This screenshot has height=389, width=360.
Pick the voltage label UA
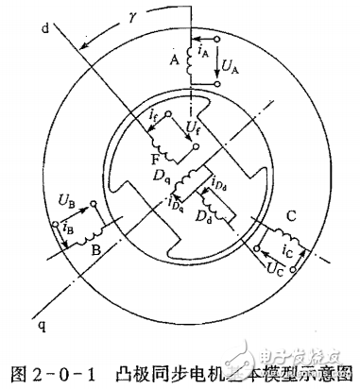coord(228,67)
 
